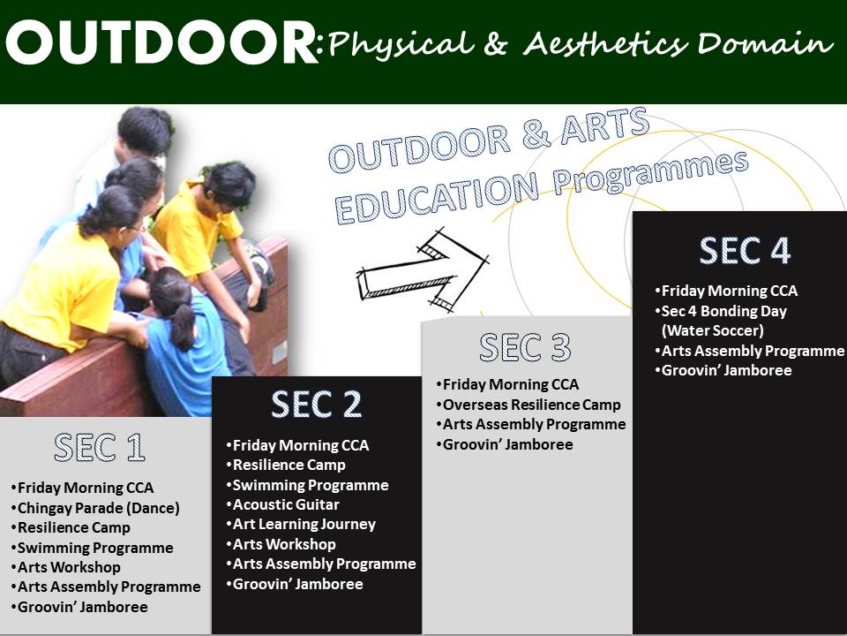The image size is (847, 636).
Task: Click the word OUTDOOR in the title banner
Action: coord(161,43)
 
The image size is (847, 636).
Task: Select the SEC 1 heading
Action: coord(100,447)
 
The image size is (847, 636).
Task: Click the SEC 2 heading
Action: coord(316,404)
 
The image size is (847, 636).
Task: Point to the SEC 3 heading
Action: coord(525,346)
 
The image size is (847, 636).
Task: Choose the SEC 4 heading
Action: coord(745,250)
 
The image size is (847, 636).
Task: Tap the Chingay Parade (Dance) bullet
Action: coord(95,508)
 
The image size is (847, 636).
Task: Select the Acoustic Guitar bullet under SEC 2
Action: coord(282,504)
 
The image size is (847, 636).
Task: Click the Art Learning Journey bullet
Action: coord(301,524)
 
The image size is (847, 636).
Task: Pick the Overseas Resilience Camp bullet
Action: coord(528,405)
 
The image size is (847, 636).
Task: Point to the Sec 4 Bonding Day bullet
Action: coord(721,311)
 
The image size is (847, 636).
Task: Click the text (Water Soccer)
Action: coord(713,330)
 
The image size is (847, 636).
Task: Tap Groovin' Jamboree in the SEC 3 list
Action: coord(505,444)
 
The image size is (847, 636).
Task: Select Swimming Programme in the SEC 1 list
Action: coord(92,548)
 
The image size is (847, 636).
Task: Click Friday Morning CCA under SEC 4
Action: coord(726,291)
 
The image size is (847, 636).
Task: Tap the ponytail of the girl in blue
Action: coord(184,324)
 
